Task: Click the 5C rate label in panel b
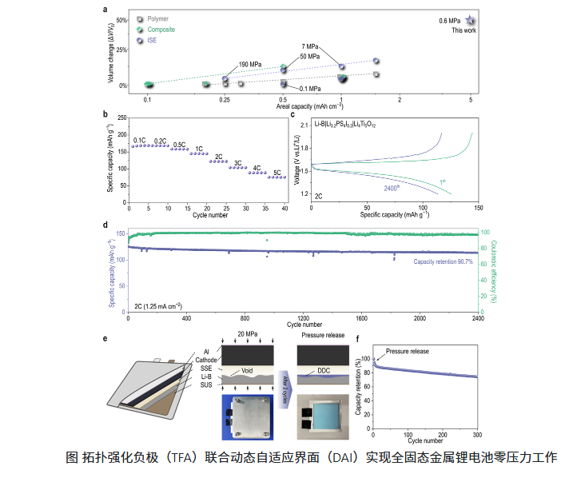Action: [277, 170]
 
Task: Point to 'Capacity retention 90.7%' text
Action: [443, 261]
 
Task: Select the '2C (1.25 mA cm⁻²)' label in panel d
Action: [159, 305]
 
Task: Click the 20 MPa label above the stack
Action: [247, 333]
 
